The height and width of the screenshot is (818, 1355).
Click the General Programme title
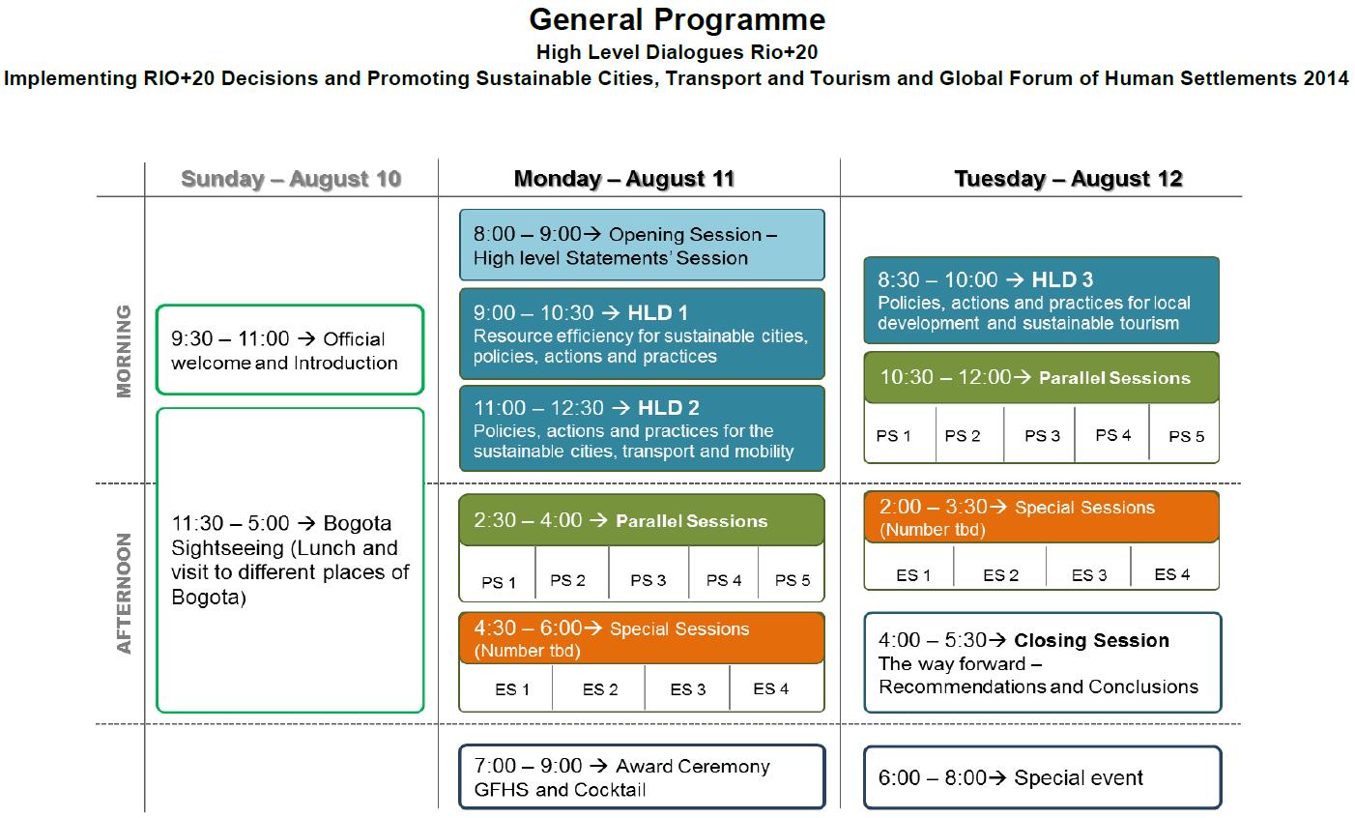[677, 20]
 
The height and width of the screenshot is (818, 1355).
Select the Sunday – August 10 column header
[291, 179]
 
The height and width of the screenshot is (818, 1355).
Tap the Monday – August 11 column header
[624, 179]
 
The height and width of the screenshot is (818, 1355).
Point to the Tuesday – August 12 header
[1068, 179]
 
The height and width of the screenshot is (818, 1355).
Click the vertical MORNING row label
[124, 351]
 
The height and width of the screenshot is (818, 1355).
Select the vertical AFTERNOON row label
[124, 594]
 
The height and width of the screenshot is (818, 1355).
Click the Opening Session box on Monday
[642, 245]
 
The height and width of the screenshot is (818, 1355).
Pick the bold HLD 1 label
[657, 313]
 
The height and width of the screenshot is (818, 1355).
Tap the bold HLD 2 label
[669, 408]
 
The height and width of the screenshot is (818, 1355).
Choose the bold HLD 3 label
[1062, 279]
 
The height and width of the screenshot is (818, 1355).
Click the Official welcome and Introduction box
[290, 350]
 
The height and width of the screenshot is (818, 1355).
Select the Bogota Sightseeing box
[290, 560]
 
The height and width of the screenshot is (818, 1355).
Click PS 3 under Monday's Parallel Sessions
[648, 580]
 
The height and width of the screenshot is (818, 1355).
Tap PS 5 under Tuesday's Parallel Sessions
[1186, 436]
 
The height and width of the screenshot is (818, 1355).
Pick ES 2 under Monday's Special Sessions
[600, 689]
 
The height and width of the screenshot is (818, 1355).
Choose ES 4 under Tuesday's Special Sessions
[1171, 574]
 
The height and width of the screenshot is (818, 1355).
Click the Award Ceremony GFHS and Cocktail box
[642, 776]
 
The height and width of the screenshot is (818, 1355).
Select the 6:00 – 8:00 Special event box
[1042, 777]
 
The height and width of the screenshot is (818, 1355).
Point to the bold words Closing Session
[1091, 640]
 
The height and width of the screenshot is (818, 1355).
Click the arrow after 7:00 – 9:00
[598, 766]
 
